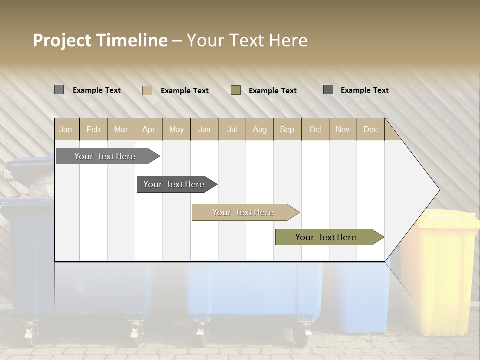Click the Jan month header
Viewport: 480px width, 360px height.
pos(66,129)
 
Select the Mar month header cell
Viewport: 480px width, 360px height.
pos(121,129)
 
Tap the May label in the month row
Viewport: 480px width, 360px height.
pos(176,129)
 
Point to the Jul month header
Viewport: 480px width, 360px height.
pos(232,129)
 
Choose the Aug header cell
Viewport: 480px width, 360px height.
pos(259,129)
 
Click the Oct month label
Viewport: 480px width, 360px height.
pos(315,129)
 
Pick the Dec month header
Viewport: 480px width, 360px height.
pos(370,129)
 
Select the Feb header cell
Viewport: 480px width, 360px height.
pos(93,129)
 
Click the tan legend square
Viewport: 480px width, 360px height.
pos(147,90)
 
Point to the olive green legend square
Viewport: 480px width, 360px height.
pos(236,90)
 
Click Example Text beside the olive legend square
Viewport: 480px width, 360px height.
pos(272,91)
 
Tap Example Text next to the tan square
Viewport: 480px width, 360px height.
pos(184,91)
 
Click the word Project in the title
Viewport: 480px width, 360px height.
pos(62,40)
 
